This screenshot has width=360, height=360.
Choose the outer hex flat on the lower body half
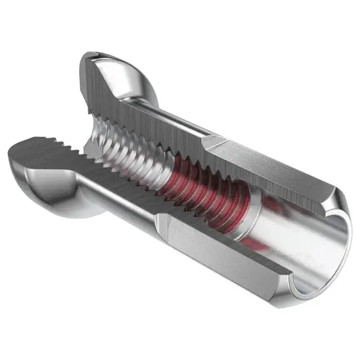tap(211, 250)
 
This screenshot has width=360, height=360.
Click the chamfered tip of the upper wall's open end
tap(336, 202)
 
